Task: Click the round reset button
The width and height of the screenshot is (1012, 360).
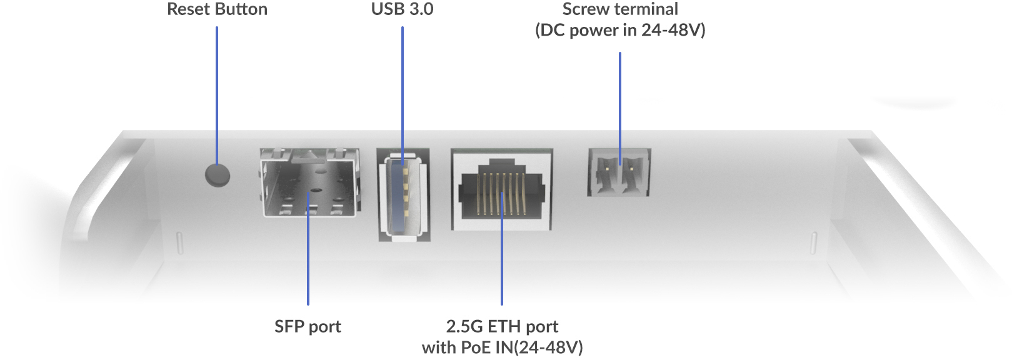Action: (218, 175)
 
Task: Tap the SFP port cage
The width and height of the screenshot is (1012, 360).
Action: (309, 182)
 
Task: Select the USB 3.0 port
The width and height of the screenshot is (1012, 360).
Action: (403, 194)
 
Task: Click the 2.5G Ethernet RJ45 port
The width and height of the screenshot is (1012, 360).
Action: (501, 189)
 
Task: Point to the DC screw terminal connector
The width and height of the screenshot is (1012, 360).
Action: (619, 172)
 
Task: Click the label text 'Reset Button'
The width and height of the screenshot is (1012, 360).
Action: (217, 9)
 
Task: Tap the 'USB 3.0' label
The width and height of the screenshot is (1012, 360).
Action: (402, 9)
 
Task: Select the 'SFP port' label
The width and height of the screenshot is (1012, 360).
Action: (308, 326)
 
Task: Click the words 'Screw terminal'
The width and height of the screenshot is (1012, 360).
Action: (620, 9)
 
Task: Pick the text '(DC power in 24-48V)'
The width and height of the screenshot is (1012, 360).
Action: (620, 30)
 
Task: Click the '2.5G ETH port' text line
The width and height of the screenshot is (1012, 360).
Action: (502, 326)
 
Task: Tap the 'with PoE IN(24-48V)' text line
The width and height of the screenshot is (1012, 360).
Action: (502, 347)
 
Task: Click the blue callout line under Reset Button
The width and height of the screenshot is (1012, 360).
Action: (217, 94)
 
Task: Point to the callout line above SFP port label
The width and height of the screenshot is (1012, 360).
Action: (308, 262)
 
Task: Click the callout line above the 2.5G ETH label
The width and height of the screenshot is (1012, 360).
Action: (502, 262)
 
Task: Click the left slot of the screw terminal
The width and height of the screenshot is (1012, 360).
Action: (605, 173)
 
